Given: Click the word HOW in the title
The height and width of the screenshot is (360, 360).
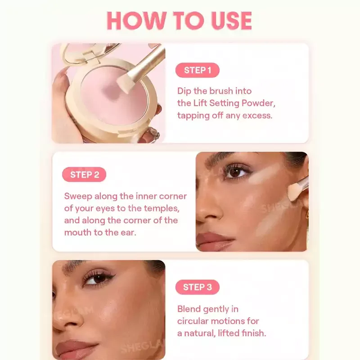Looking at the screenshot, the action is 137,21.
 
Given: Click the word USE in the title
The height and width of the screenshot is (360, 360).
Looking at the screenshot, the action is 231,21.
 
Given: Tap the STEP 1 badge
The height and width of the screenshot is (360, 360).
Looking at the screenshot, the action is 198,70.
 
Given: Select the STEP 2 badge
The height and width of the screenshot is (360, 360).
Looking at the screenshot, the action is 84,175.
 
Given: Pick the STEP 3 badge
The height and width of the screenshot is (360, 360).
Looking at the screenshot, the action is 198,287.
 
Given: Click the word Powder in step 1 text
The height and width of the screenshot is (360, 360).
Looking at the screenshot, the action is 258,103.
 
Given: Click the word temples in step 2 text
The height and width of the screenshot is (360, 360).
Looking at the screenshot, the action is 162,208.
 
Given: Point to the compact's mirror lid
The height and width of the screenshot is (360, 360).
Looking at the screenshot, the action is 90,52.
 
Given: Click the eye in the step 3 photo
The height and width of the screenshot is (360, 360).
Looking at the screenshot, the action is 98,279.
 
